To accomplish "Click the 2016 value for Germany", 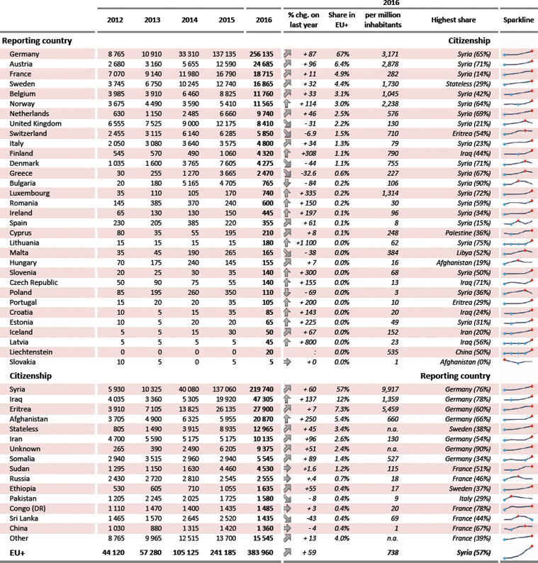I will point(262,54).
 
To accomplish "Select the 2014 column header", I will point(182,20).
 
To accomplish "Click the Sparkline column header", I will point(518,20).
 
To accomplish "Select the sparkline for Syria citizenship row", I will point(518,389).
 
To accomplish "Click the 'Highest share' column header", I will point(453,20).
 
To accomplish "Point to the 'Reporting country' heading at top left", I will point(38,40).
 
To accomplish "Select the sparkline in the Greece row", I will point(518,173).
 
